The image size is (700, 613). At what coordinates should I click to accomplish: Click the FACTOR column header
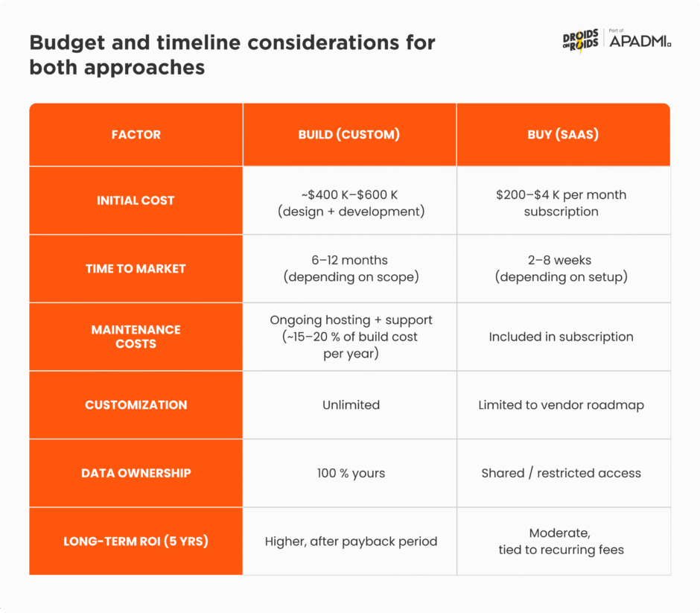click(x=136, y=135)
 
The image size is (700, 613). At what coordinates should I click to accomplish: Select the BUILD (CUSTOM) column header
click(x=349, y=135)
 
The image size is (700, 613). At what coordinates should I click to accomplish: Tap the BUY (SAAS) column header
click(x=563, y=135)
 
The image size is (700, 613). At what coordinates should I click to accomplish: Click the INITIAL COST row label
click(x=136, y=200)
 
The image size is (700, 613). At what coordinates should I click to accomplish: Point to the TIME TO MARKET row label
click(x=136, y=269)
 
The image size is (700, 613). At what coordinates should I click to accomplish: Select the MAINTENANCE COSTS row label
click(x=136, y=337)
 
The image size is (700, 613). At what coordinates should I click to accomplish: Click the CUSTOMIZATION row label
click(x=136, y=405)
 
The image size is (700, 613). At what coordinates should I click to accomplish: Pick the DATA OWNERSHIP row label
click(x=136, y=473)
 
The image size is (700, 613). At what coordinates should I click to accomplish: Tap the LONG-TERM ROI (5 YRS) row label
click(x=136, y=541)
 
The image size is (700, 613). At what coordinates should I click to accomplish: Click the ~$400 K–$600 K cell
click(x=349, y=203)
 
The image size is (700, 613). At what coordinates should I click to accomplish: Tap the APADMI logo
click(x=640, y=41)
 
